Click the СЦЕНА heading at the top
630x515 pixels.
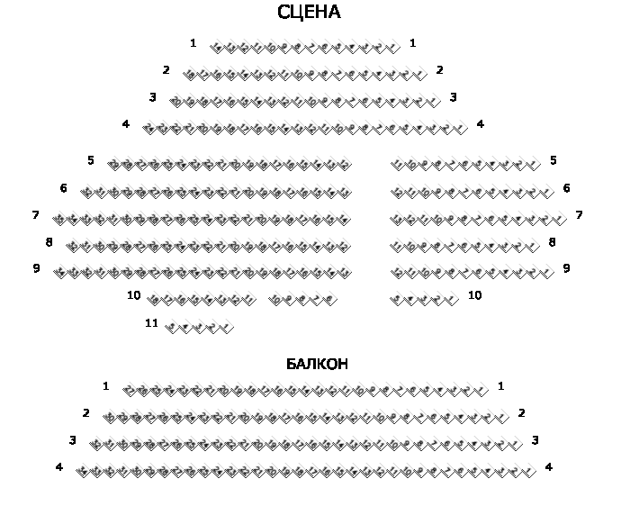pyautogui.click(x=309, y=13)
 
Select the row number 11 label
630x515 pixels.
pyautogui.click(x=151, y=322)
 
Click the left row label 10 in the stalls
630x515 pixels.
pyautogui.click(x=133, y=294)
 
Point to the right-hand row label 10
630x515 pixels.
pyautogui.click(x=474, y=294)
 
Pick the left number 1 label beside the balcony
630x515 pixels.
pyautogui.click(x=105, y=386)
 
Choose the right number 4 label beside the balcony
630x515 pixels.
pyautogui.click(x=548, y=467)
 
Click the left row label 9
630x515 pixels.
pyautogui.click(x=36, y=268)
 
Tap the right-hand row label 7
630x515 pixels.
pyautogui.click(x=579, y=215)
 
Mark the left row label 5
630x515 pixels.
pyautogui.click(x=91, y=160)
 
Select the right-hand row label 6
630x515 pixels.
pyautogui.click(x=566, y=188)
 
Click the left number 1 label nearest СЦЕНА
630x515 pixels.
pyautogui.click(x=193, y=42)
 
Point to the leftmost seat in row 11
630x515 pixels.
pyautogui.click(x=172, y=328)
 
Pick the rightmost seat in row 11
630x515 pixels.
pyautogui.click(x=227, y=328)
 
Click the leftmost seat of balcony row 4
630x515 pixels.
pyautogui.click(x=83, y=471)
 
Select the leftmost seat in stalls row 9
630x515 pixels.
pyautogui.click(x=59, y=272)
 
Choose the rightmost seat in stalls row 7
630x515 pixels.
pyautogui.click(x=558, y=219)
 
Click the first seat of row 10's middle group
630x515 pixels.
pyautogui.click(x=275, y=300)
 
